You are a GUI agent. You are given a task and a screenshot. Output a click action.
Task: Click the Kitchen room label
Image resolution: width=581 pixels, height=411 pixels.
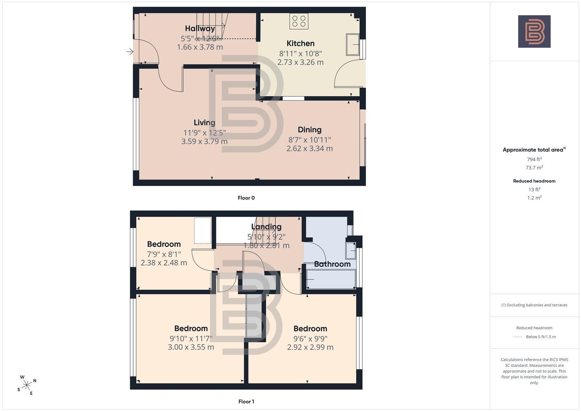[300, 43]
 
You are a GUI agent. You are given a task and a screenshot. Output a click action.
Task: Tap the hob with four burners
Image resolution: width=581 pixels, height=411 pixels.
[299, 21]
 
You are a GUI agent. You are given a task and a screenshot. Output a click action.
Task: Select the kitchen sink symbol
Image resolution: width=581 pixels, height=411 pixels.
[353, 45]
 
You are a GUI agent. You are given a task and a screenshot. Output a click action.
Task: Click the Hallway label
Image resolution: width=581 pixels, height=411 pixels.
[200, 29]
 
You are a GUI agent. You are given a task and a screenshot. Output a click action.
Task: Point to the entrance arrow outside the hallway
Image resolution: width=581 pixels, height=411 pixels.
[130, 52]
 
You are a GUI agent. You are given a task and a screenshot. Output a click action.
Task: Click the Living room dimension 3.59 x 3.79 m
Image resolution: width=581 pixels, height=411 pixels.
[204, 142]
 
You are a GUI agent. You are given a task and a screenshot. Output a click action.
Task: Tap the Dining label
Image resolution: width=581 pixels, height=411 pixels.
[309, 130]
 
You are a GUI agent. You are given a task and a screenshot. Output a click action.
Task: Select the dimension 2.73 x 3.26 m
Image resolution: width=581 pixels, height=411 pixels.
[300, 62]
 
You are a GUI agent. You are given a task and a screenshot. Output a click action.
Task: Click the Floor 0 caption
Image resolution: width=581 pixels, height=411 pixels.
[246, 198]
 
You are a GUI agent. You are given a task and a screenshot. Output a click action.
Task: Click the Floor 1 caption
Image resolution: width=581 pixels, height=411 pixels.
[246, 401]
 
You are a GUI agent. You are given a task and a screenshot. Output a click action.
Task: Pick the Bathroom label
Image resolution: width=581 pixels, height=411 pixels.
[332, 264]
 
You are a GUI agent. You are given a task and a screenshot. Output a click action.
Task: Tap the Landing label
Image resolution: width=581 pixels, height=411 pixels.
[266, 227]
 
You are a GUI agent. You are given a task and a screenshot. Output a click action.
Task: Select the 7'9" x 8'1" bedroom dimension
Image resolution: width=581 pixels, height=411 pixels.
[164, 254]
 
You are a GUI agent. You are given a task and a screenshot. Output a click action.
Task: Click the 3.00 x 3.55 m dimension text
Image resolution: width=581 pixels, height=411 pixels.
[191, 347]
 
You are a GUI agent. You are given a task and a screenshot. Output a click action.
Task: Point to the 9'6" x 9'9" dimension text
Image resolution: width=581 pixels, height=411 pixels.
[310, 339]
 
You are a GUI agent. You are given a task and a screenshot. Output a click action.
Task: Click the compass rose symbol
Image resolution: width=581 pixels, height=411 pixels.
[27, 385]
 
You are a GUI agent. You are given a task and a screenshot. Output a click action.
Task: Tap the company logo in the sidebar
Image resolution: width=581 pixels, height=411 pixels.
[534, 31]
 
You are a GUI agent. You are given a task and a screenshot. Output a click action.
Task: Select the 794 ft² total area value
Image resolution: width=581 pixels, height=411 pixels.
[534, 159]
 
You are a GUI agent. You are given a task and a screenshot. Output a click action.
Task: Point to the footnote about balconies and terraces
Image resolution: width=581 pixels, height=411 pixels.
[534, 305]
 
